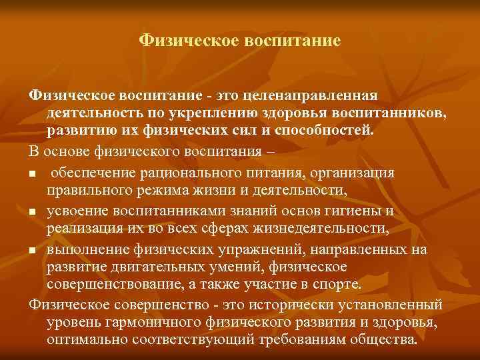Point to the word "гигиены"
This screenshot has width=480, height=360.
coord(359,211)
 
